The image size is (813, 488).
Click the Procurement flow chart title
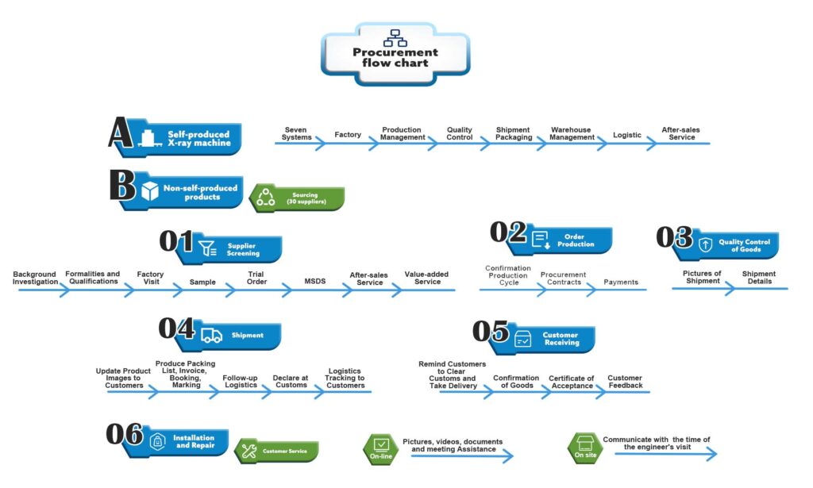395,57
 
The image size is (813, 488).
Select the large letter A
121,133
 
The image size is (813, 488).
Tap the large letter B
123,185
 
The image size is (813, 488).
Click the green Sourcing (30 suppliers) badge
298,198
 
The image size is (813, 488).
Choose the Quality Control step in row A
460,134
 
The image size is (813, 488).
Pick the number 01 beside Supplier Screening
176,241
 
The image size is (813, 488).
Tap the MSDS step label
315,280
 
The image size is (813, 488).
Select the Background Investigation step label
36,278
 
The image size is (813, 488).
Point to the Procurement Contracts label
563,279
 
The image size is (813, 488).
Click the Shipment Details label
759,278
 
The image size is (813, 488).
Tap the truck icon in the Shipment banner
211,335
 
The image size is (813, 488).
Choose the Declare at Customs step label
290,382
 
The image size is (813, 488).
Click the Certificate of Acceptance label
572,382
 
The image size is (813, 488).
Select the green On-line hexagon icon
380,448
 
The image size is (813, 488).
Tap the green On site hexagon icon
584,448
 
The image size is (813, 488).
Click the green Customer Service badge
278,451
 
